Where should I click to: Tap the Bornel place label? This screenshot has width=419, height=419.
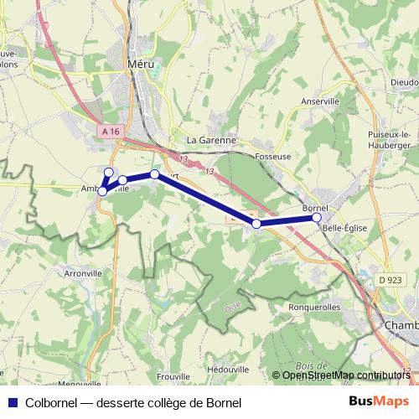[314, 206]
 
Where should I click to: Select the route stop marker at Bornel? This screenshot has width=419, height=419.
[317, 218]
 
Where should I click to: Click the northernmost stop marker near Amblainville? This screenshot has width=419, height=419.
[107, 172]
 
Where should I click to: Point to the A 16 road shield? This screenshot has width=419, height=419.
[109, 132]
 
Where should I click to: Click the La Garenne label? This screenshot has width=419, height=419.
[211, 140]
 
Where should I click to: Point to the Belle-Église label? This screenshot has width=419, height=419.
[345, 227]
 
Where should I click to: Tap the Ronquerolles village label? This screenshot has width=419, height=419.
[314, 306]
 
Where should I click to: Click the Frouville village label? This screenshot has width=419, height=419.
[174, 378]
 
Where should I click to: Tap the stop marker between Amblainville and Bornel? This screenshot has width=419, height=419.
[256, 224]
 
